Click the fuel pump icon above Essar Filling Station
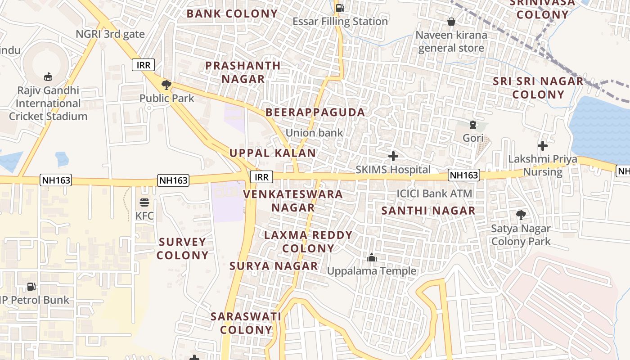(340, 8)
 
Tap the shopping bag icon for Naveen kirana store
(451, 22)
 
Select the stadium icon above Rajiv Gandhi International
(48, 76)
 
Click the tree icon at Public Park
(166, 85)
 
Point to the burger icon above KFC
(144, 202)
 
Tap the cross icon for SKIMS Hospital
(393, 156)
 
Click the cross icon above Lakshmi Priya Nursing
(543, 146)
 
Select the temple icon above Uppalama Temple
(372, 257)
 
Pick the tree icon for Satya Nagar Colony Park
(521, 215)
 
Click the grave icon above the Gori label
(472, 125)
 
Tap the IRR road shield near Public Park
(144, 65)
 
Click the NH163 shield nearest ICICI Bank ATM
(464, 175)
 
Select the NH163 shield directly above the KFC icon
(173, 180)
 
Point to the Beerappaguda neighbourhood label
(315, 112)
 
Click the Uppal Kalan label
(273, 153)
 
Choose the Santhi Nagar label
(428, 211)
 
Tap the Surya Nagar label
(274, 266)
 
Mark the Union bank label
(314, 133)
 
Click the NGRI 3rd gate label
(110, 34)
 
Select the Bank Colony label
(232, 13)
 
